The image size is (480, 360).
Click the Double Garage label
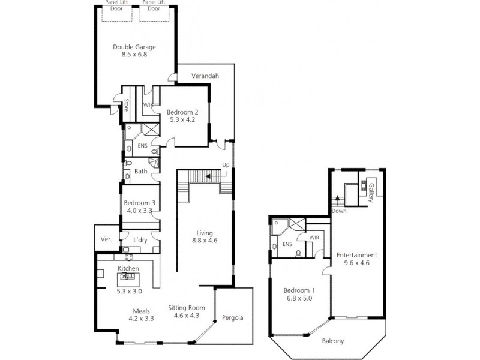134,47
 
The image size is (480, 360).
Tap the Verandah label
205,76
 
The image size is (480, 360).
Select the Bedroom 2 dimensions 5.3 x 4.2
182,119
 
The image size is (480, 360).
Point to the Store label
126,104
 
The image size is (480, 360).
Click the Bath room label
141,172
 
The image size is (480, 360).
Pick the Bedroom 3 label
140,203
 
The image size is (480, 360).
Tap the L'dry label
140,241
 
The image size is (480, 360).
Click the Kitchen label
128,268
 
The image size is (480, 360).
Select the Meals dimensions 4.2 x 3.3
141,319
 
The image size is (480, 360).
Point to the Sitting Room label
187,308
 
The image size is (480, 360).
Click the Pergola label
233,318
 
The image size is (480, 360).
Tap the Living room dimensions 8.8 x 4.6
205,241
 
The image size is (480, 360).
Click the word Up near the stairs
226,165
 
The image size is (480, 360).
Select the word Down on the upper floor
339,211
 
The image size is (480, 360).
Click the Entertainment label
356,255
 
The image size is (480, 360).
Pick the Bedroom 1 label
299,290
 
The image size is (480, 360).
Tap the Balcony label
333,341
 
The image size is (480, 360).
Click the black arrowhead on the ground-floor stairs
208,176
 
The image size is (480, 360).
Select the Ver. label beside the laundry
106,239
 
